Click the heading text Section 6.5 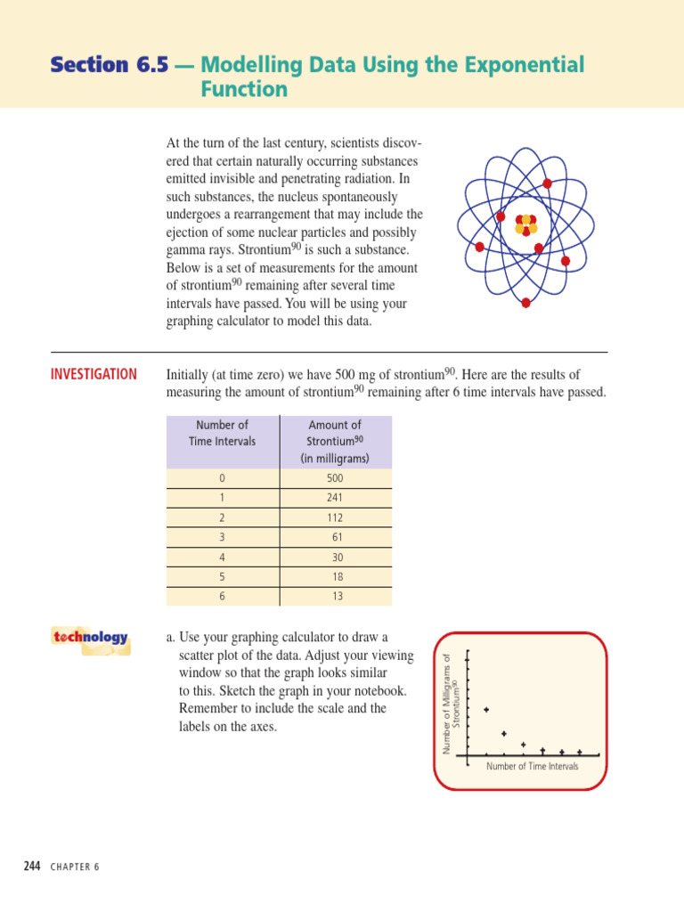point(109,65)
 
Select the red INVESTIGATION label point(94,375)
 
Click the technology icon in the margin point(90,639)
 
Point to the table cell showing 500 point(335,478)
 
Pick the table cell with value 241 point(335,498)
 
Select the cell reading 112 point(335,517)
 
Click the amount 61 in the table point(337,537)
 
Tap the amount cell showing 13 point(337,596)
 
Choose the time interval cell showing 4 point(222,557)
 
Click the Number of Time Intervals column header point(222,433)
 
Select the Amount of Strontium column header point(335,442)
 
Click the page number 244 point(32,867)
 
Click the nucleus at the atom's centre point(526,225)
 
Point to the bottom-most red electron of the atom point(525,303)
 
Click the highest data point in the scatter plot point(486,710)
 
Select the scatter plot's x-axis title point(532,766)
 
